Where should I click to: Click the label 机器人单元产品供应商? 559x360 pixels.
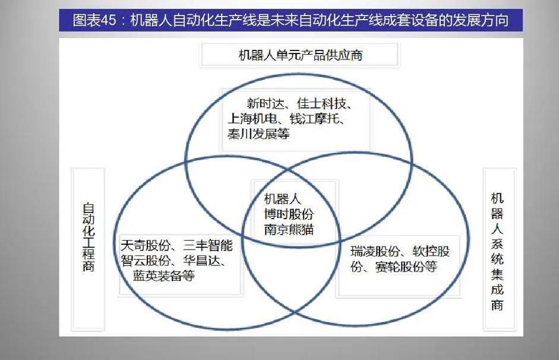[x=300, y=56]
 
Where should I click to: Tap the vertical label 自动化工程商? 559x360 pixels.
[x=89, y=238]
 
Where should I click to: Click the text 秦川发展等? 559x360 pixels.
[x=258, y=134]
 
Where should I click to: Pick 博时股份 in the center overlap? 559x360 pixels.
[x=289, y=214]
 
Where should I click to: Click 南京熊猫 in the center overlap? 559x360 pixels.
[x=289, y=229]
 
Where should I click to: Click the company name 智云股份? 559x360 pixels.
[x=145, y=261]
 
